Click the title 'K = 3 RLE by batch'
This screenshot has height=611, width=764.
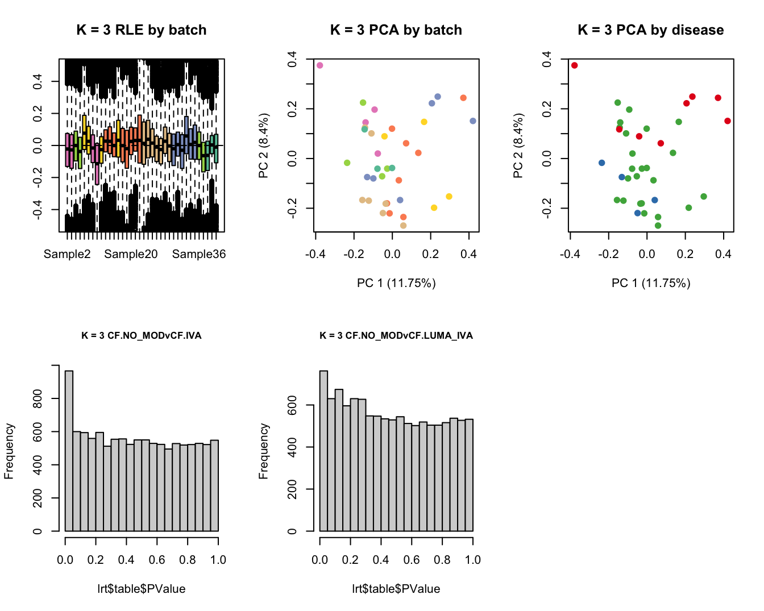click(x=142, y=30)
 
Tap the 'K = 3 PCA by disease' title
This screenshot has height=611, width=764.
click(x=650, y=30)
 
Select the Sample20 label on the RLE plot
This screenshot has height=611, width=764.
click(x=131, y=254)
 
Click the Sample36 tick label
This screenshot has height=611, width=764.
click(x=199, y=254)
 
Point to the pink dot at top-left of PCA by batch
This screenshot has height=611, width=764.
click(x=319, y=65)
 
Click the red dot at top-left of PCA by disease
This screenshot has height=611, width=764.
click(x=574, y=65)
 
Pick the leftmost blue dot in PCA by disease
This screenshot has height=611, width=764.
click(x=601, y=163)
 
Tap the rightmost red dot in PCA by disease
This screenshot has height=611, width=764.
click(x=728, y=121)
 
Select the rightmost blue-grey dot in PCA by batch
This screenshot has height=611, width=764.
click(x=473, y=121)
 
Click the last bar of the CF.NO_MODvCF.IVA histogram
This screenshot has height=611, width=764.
click(x=214, y=485)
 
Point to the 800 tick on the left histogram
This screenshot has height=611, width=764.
click(x=38, y=398)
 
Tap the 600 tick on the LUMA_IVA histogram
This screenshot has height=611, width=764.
click(x=292, y=405)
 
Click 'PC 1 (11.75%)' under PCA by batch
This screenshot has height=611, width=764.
click(x=396, y=283)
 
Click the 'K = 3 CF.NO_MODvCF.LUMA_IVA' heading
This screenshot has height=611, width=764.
click(x=396, y=335)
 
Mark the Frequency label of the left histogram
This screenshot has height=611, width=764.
click(x=9, y=451)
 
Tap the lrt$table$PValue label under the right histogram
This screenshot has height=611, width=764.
click(x=396, y=589)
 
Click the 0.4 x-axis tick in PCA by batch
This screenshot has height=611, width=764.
click(x=469, y=254)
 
